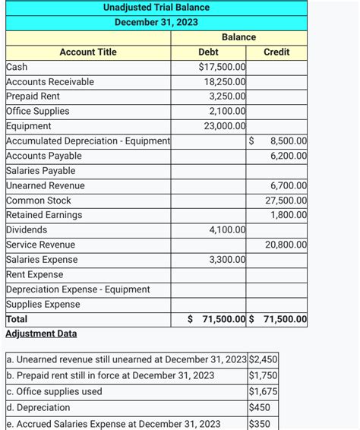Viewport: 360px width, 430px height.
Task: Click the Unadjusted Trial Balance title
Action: tap(156, 8)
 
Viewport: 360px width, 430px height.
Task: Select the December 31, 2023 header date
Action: tap(156, 22)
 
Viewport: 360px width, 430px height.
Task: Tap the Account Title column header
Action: tap(88, 52)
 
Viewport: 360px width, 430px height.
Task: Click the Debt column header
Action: tap(208, 52)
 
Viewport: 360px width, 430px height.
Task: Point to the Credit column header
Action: tap(276, 52)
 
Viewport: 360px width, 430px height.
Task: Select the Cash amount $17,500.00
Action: tap(222, 67)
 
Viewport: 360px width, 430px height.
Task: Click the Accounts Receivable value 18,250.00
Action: tap(225, 81)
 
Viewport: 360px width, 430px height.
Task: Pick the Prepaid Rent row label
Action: tap(33, 96)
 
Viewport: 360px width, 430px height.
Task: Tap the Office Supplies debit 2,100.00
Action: tap(227, 111)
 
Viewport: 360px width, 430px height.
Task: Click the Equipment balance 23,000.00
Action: tap(225, 126)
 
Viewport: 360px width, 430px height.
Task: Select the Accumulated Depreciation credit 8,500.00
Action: tap(289, 141)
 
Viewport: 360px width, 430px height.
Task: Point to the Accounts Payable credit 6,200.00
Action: tap(289, 156)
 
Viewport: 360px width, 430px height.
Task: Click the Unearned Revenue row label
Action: tap(46, 185)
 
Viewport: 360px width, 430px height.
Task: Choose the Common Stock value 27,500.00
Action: tap(286, 201)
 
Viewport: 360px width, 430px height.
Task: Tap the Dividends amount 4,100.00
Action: tap(227, 229)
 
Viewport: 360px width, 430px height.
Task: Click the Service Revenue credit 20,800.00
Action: tap(286, 245)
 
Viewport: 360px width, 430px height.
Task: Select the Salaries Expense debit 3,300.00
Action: tap(227, 260)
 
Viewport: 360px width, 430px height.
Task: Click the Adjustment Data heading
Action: tap(41, 334)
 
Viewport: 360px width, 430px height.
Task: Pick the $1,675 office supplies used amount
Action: tap(263, 391)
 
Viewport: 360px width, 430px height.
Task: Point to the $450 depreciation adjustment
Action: tap(260, 407)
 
